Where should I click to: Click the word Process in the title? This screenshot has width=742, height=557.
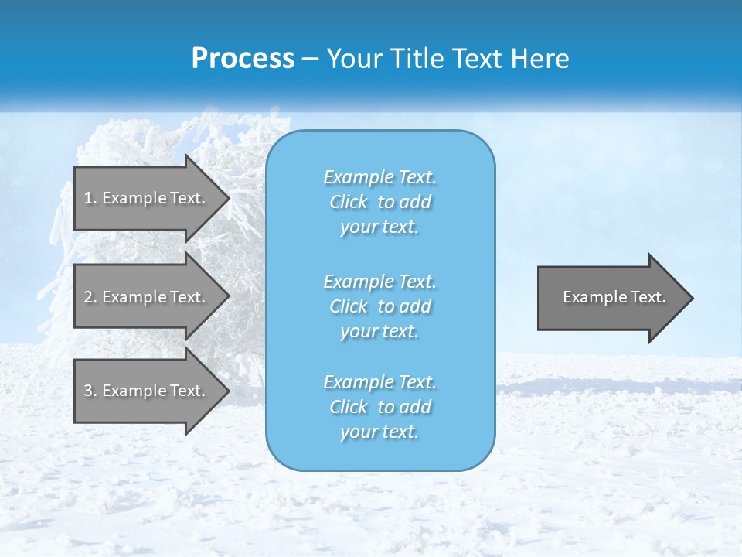243,59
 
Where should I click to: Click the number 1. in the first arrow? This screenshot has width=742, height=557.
90,198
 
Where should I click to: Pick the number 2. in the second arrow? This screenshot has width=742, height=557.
90,297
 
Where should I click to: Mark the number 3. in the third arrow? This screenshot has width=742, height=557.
90,391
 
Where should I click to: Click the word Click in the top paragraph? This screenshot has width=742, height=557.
349,202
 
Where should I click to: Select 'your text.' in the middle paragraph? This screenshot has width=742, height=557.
380,331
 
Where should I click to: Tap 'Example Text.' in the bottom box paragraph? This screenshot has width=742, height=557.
380,382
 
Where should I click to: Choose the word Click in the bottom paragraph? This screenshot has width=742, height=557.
349,407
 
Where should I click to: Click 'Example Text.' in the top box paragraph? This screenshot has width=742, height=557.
380,177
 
